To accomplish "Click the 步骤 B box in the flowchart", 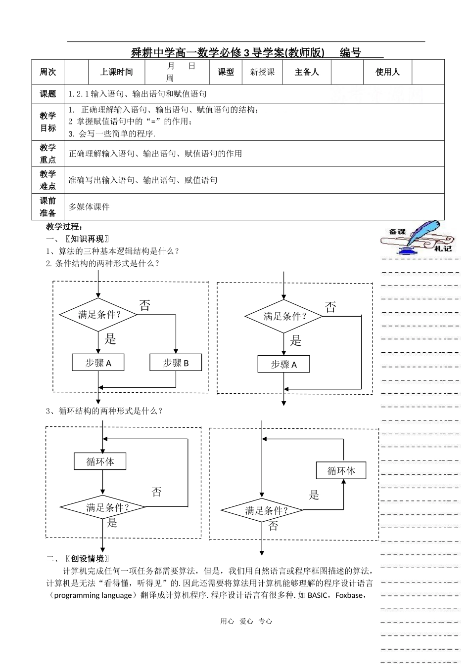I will (176, 363).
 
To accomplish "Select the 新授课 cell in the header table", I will (262, 72).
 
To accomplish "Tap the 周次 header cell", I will (48, 72).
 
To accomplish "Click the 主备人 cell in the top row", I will (307, 72).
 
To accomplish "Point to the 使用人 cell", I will (387, 72).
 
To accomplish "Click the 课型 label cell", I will (226, 72).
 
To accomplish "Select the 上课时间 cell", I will (117, 72).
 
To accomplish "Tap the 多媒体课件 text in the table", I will (89, 207).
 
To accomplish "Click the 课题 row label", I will (48, 94).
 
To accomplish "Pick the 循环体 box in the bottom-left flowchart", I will (100, 461).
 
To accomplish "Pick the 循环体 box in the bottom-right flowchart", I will (341, 470).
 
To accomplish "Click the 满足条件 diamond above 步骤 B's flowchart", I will (98, 315).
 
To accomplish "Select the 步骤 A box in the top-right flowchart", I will (283, 365).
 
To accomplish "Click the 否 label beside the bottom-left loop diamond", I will (156, 492).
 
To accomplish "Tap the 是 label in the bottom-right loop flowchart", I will (314, 495).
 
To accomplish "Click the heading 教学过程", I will (63, 227).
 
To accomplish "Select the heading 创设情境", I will (87, 559).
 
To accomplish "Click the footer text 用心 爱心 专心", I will (246, 622).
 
